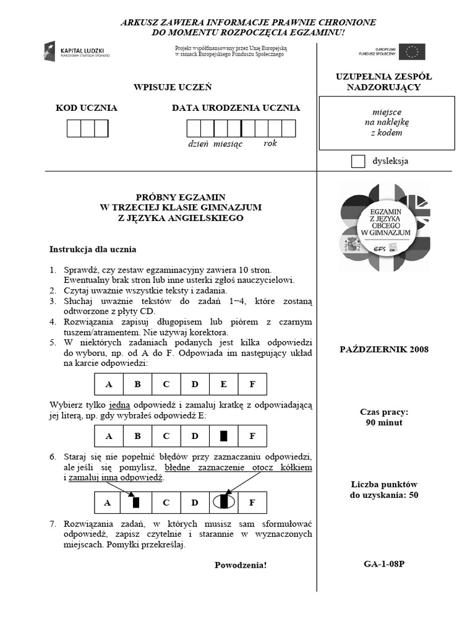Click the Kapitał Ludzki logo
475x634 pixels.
[x=75, y=51]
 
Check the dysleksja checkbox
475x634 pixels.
[x=357, y=162]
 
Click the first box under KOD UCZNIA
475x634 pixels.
[x=74, y=128]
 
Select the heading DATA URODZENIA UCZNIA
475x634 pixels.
[x=236, y=108]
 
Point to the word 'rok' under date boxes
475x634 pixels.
[x=270, y=143]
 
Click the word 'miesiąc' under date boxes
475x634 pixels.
[x=228, y=144]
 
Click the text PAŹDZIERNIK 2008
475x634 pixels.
[x=384, y=349]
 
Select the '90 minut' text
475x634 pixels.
[x=384, y=423]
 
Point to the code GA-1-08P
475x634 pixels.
[x=384, y=564]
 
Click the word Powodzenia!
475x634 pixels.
[x=241, y=565]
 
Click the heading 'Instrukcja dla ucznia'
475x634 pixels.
[x=93, y=250]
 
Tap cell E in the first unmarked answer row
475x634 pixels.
[x=223, y=384]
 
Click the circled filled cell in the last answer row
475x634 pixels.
[x=223, y=502]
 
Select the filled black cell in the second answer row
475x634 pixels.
[x=223, y=436]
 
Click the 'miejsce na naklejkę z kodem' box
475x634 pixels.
[x=387, y=123]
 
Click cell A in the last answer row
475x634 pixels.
[x=108, y=502]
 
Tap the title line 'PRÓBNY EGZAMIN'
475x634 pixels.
[x=181, y=196]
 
